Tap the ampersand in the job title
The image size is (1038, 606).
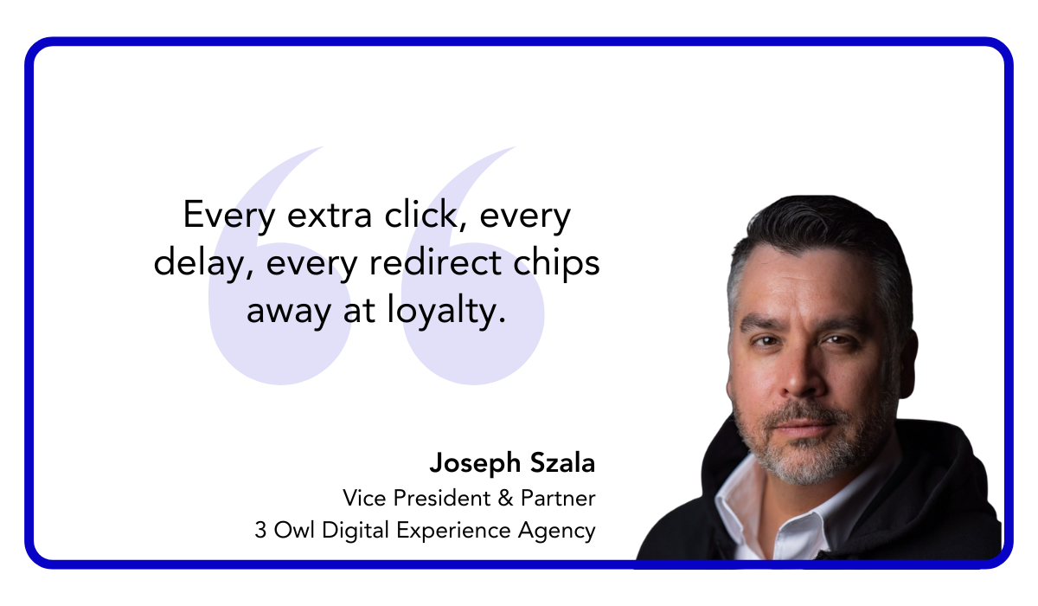[x=507, y=498]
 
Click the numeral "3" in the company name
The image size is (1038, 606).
[x=260, y=530]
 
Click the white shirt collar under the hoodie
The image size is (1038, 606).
[x=744, y=502]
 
